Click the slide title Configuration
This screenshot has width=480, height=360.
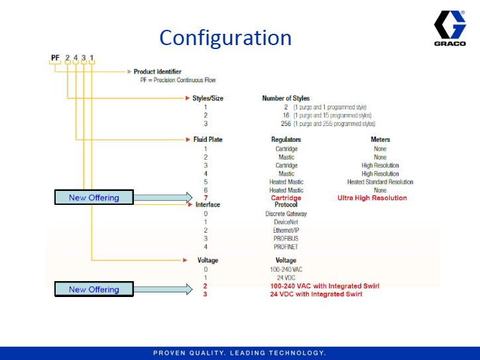pyautogui.click(x=225, y=37)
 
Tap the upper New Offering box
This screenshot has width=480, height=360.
pyautogui.click(x=93, y=198)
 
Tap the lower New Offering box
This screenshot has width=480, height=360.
pyautogui.click(x=93, y=289)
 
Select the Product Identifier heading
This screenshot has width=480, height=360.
pyautogui.click(x=157, y=72)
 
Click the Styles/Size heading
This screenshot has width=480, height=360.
pyautogui.click(x=208, y=98)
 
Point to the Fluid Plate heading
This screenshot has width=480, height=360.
pyautogui.click(x=207, y=140)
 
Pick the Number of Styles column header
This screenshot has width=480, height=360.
pyautogui.click(x=286, y=98)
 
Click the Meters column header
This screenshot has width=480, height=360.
pyautogui.click(x=380, y=140)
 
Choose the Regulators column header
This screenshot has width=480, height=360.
pyautogui.click(x=286, y=140)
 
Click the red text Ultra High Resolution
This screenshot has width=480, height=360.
pyautogui.click(x=372, y=198)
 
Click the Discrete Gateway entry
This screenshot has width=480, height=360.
pyautogui.click(x=286, y=214)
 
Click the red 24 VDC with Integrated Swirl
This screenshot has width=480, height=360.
pyautogui.click(x=316, y=294)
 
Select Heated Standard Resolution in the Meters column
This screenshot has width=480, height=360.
pyautogui.click(x=380, y=182)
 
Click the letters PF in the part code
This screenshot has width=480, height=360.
pyautogui.click(x=56, y=58)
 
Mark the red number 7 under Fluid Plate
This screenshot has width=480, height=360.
pyautogui.click(x=206, y=198)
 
